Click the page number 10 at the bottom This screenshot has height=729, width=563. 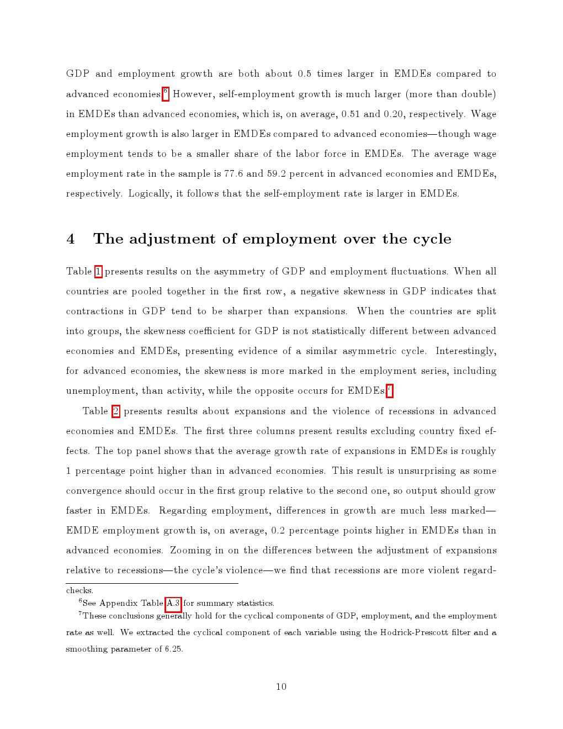[x=281, y=686]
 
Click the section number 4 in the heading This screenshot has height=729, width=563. [x=71, y=239]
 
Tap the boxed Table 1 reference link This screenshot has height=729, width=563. [x=98, y=272]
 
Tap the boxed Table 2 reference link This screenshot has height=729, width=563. [x=116, y=411]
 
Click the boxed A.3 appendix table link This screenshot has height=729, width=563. [x=173, y=603]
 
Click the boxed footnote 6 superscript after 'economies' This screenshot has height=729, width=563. [x=166, y=93]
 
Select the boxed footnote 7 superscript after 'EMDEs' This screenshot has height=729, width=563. [x=390, y=390]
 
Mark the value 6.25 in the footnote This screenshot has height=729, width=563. [x=173, y=649]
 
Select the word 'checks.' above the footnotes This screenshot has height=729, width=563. [x=79, y=590]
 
